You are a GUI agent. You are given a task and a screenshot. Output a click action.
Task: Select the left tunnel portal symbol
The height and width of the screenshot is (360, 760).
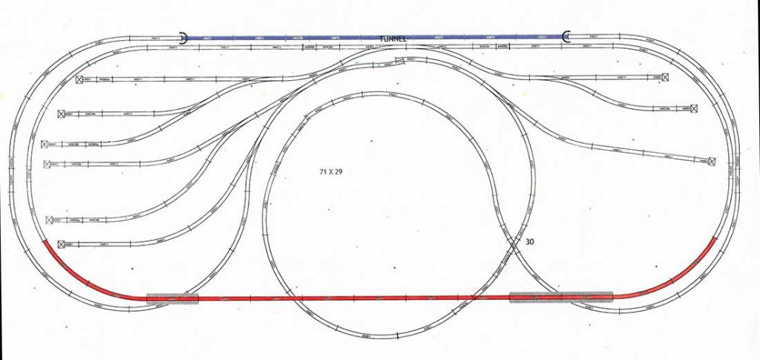183,36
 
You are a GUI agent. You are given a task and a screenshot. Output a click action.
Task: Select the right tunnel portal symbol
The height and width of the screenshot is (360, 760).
566,36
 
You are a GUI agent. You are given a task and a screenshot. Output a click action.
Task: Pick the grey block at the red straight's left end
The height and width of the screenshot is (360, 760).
173,298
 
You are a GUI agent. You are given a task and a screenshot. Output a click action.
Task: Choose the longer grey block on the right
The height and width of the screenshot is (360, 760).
560,297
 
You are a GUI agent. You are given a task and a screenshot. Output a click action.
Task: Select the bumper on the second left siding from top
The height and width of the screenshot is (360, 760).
62,114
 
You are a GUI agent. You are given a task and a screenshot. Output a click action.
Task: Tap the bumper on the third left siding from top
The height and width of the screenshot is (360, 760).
46,144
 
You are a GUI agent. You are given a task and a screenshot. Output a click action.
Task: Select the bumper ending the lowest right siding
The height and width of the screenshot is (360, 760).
712,160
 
